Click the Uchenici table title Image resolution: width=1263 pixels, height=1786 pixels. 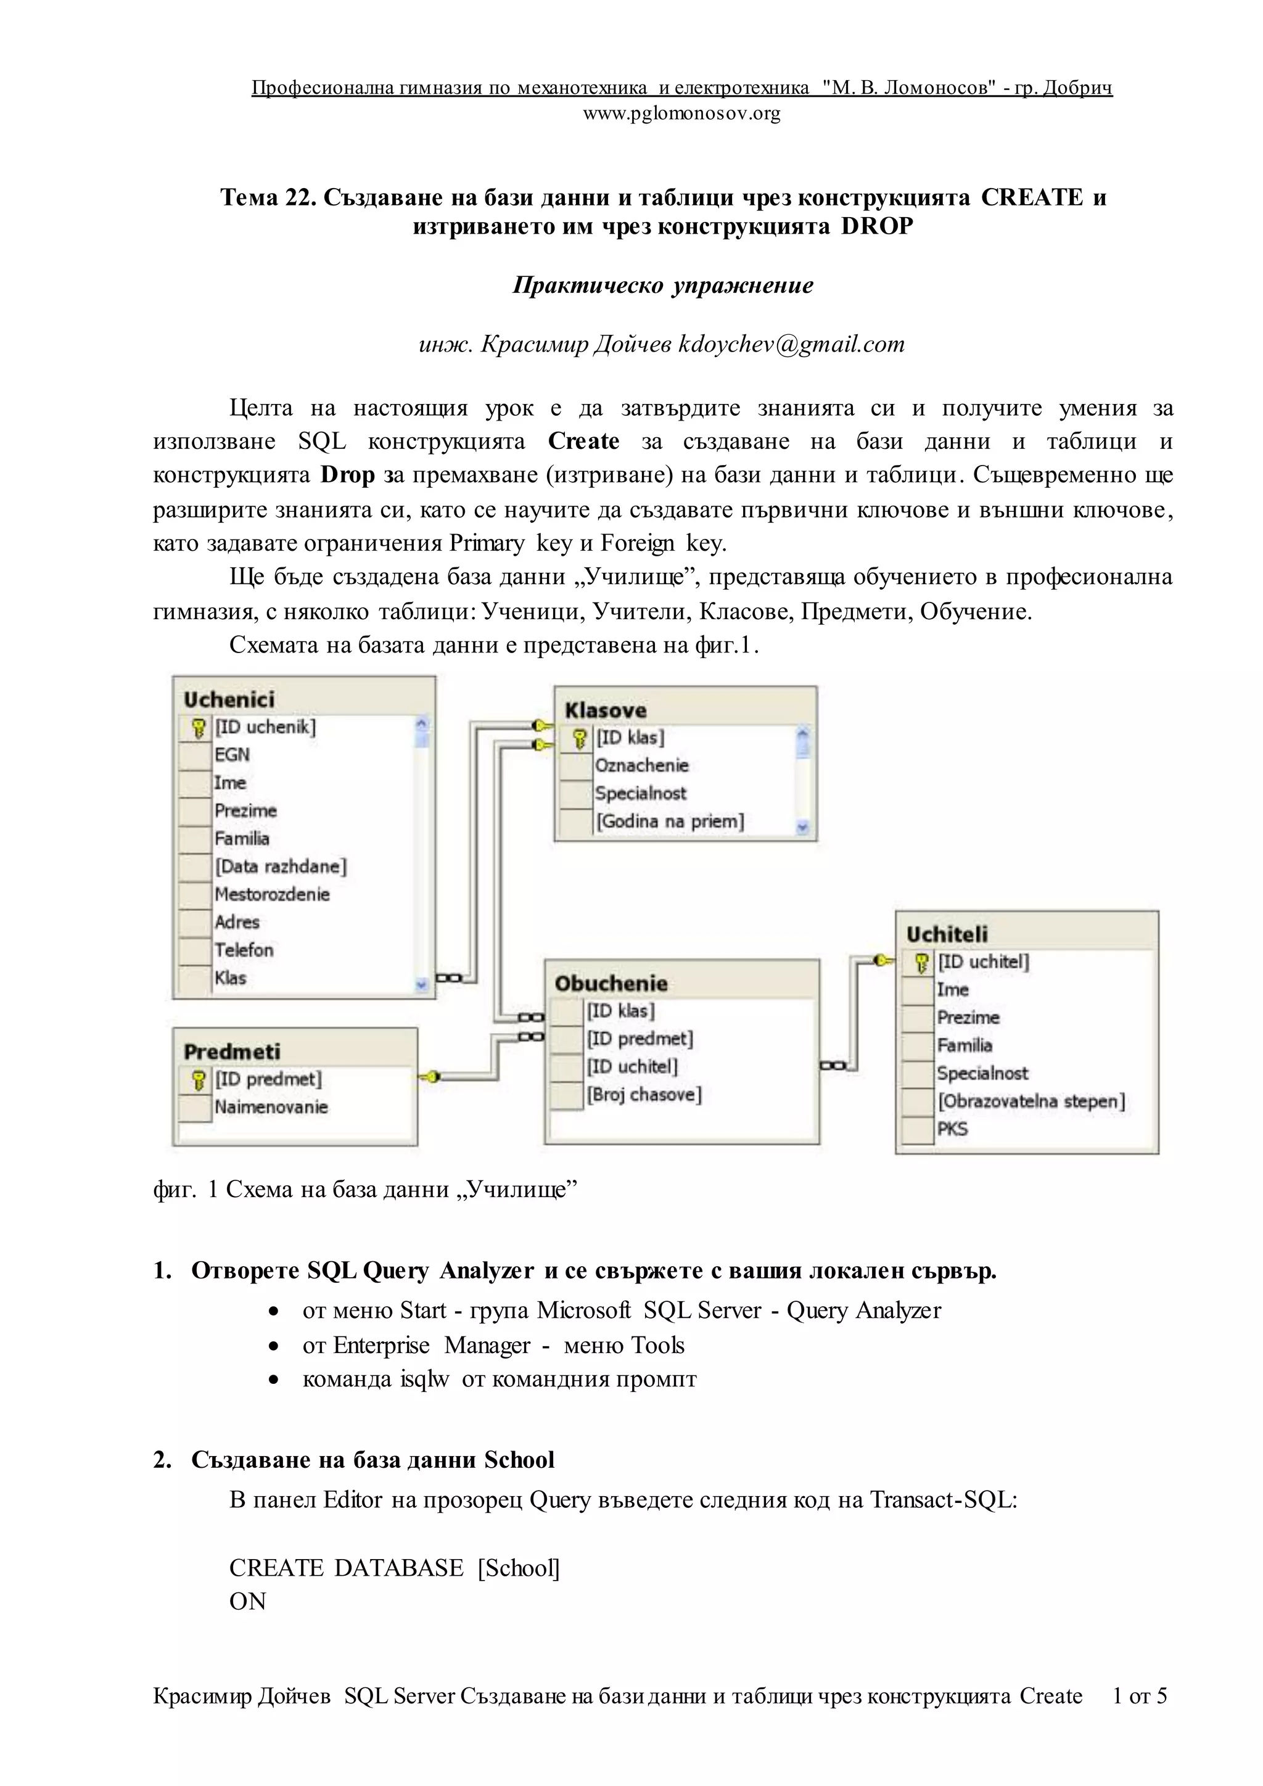coord(229,699)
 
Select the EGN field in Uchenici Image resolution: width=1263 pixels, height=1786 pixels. coord(232,754)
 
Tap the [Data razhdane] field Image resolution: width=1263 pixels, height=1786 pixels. coord(281,866)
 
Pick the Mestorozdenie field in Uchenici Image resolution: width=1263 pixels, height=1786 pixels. coord(272,895)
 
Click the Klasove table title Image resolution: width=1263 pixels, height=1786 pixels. coord(605,710)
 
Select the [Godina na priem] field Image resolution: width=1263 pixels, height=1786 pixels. coord(670,821)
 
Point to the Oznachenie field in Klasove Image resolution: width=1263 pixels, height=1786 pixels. coord(641,765)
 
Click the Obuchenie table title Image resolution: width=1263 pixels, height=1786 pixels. coord(611,984)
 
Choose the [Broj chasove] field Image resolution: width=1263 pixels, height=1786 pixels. coord(644,1095)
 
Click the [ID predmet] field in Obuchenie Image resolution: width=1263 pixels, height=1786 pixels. coord(640,1039)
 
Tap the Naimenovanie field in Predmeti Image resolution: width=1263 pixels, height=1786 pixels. coord(271,1108)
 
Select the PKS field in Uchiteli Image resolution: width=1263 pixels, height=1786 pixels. coord(952,1129)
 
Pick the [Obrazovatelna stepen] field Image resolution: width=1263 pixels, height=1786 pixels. coord(1031,1101)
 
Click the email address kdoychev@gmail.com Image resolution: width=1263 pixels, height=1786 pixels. coord(792,345)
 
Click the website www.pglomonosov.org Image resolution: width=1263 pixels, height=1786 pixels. coord(681,114)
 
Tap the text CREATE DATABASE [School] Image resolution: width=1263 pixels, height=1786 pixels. coord(394,1568)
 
